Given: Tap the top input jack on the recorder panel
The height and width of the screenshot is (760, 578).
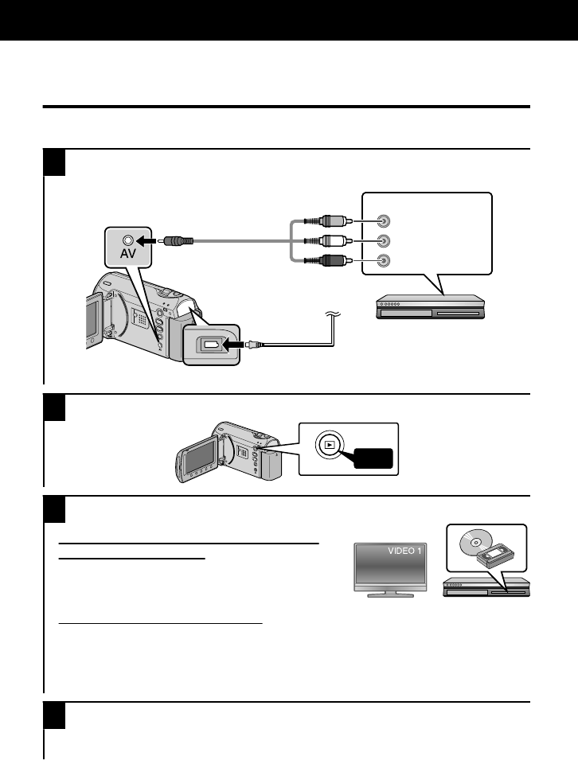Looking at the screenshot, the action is coord(384,222).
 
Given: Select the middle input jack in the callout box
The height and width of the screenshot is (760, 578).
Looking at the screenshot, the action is coord(384,241).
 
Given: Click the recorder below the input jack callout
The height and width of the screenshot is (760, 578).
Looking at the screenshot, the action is coord(429,307).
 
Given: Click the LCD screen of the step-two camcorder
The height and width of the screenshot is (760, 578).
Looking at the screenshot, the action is coord(199,455).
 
